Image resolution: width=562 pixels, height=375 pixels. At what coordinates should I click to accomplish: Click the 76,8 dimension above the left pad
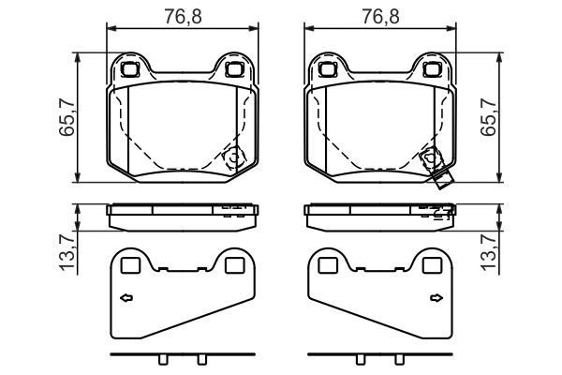(x=182, y=16)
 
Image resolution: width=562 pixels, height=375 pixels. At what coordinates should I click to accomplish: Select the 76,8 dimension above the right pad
(x=378, y=16)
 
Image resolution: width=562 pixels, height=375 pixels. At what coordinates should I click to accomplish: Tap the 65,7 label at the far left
(x=67, y=118)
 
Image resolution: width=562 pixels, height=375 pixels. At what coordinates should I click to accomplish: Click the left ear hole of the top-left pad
(x=130, y=68)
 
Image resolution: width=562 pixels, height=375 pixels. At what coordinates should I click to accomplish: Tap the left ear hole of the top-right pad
(x=327, y=68)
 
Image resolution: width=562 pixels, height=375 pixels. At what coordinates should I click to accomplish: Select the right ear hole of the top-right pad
(x=431, y=68)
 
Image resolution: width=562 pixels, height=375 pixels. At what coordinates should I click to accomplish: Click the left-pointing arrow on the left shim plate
(x=126, y=299)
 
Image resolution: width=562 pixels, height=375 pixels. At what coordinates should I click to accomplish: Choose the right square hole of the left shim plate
(x=233, y=266)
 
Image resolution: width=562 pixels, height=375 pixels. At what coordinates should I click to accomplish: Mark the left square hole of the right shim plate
(x=328, y=266)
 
